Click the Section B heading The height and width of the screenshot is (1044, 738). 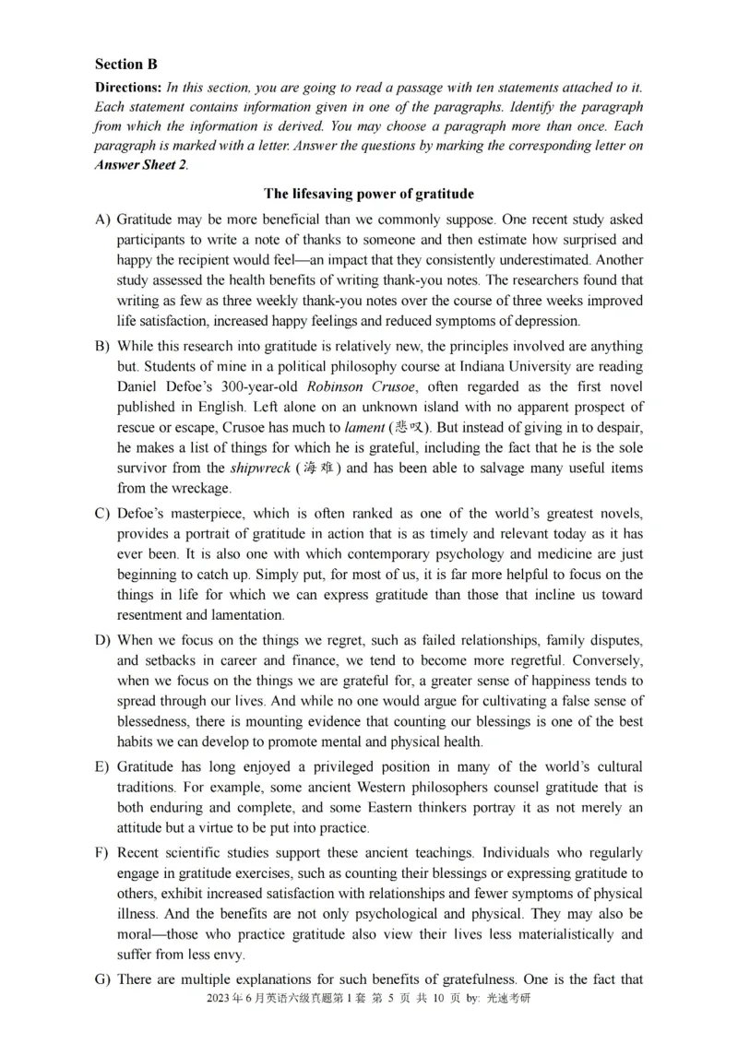[x=125, y=65]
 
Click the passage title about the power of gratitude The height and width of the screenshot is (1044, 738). [x=369, y=194]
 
